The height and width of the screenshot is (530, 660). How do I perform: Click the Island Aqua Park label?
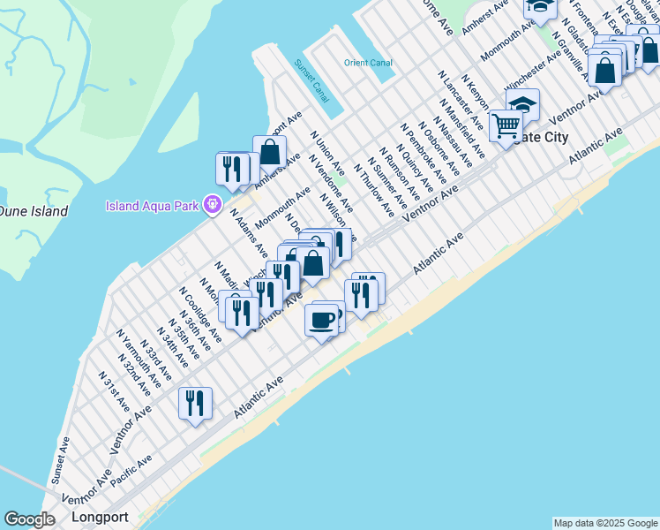click(154, 207)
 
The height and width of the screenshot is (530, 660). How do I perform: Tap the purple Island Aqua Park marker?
click(212, 205)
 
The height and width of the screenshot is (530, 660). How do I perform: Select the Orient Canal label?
click(368, 63)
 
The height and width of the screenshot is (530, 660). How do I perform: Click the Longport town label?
click(100, 517)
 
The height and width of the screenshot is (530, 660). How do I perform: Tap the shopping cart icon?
click(506, 126)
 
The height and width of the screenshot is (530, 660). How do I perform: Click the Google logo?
click(30, 519)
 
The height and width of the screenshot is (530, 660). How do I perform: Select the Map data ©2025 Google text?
click(605, 523)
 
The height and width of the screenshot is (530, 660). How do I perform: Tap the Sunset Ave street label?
click(59, 459)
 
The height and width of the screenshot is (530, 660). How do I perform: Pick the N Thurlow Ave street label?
click(373, 189)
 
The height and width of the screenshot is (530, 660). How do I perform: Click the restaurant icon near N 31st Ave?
click(194, 403)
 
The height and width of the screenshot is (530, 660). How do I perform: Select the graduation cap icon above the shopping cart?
click(522, 103)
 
